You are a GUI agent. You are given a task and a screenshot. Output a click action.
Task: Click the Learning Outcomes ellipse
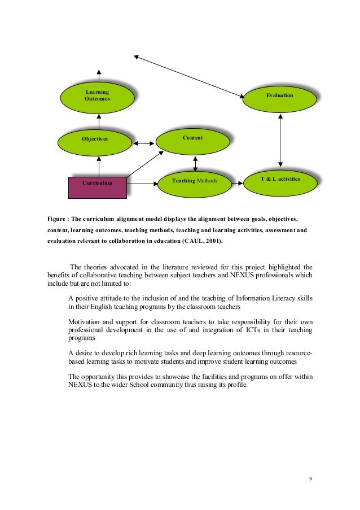click(98, 97)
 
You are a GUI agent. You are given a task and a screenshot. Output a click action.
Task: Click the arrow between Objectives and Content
click(144, 143)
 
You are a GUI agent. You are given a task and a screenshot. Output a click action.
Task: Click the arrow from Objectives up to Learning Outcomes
click(99, 120)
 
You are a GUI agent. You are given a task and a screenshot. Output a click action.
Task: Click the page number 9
click(310, 480)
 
